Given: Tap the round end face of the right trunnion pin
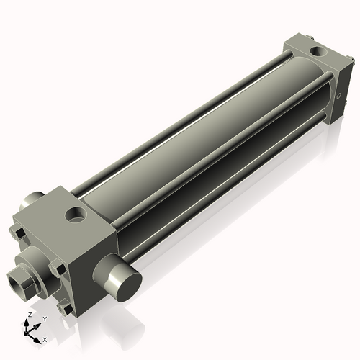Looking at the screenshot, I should click(117, 280).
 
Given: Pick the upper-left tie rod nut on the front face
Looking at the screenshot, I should click(17, 234).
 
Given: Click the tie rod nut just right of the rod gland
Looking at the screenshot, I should click(60, 271).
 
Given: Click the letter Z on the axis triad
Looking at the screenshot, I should click(29, 315).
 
